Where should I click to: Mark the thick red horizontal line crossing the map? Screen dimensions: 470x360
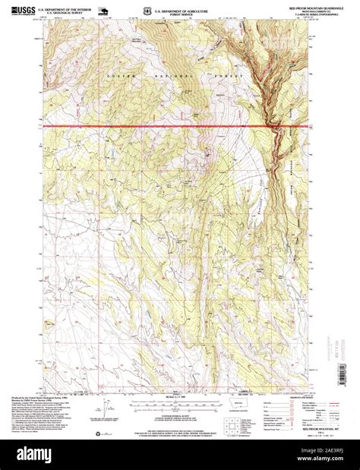[152, 125]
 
